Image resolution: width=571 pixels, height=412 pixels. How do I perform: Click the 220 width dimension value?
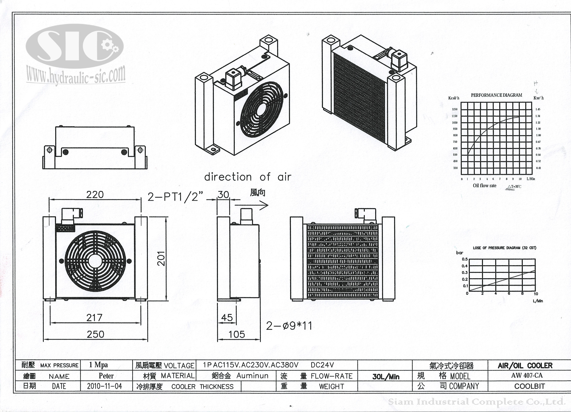coord(95,195)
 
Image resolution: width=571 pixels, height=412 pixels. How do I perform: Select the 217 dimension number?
coord(94,318)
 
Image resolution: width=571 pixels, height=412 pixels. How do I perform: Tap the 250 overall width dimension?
coord(95,334)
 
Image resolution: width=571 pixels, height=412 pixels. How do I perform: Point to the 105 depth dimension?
coord(236,334)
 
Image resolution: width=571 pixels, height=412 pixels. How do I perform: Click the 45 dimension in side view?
coord(227,318)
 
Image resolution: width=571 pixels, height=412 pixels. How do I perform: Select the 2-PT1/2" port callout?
coord(175,197)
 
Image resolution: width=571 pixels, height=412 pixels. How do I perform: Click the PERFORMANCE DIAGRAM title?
coord(496,95)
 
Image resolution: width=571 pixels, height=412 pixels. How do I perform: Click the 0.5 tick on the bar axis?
coord(465,259)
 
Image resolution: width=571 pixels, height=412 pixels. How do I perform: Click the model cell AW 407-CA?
coord(527,375)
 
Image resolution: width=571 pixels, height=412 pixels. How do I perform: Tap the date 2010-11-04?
coord(105,386)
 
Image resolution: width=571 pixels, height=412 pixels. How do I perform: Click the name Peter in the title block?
coord(106,376)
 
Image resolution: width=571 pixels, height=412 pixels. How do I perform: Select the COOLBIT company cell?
coord(529,386)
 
